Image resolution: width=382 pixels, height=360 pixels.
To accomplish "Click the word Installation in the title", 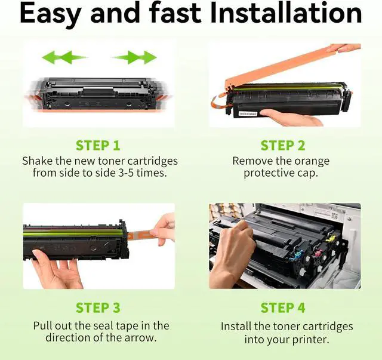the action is click(x=286, y=13).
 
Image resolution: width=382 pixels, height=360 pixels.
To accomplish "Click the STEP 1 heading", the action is click(x=98, y=146).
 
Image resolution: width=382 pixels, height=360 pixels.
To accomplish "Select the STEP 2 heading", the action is click(x=282, y=146).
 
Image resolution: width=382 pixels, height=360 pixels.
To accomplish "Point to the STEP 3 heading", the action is click(x=98, y=307).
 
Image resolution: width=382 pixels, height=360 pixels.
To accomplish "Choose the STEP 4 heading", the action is click(x=282, y=307).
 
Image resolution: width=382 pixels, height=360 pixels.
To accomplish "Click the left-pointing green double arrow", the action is click(x=65, y=57).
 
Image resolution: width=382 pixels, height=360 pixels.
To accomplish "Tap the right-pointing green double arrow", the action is click(x=134, y=57).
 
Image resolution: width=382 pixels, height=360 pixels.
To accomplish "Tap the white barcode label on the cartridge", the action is click(x=248, y=114).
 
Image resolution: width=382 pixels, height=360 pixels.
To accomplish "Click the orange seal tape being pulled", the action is click(x=141, y=235).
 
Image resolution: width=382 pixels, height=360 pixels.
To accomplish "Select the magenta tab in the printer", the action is click(x=318, y=253).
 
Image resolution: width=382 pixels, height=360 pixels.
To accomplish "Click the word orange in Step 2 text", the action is click(x=312, y=161).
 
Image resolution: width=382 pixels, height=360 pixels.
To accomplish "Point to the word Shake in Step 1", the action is click(x=37, y=161).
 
